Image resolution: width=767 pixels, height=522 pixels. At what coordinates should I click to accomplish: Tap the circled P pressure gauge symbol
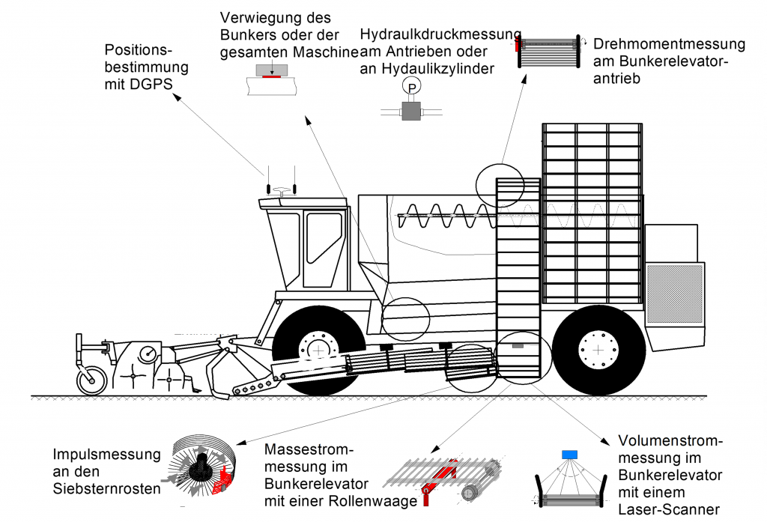click(411, 88)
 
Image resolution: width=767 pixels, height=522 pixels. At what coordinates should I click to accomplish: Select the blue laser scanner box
click(571, 454)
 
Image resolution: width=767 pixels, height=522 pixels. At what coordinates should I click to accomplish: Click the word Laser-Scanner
click(669, 509)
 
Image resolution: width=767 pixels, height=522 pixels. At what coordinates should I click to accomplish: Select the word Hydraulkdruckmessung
click(440, 34)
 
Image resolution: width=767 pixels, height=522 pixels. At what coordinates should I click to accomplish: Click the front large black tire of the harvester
click(318, 349)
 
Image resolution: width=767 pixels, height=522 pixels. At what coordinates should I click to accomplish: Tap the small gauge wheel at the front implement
click(91, 380)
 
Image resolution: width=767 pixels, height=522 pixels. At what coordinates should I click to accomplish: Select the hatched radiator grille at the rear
click(675, 293)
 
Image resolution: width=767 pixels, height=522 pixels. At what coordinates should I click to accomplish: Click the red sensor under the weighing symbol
click(270, 76)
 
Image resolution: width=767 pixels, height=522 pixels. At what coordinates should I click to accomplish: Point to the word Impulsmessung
click(106, 455)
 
